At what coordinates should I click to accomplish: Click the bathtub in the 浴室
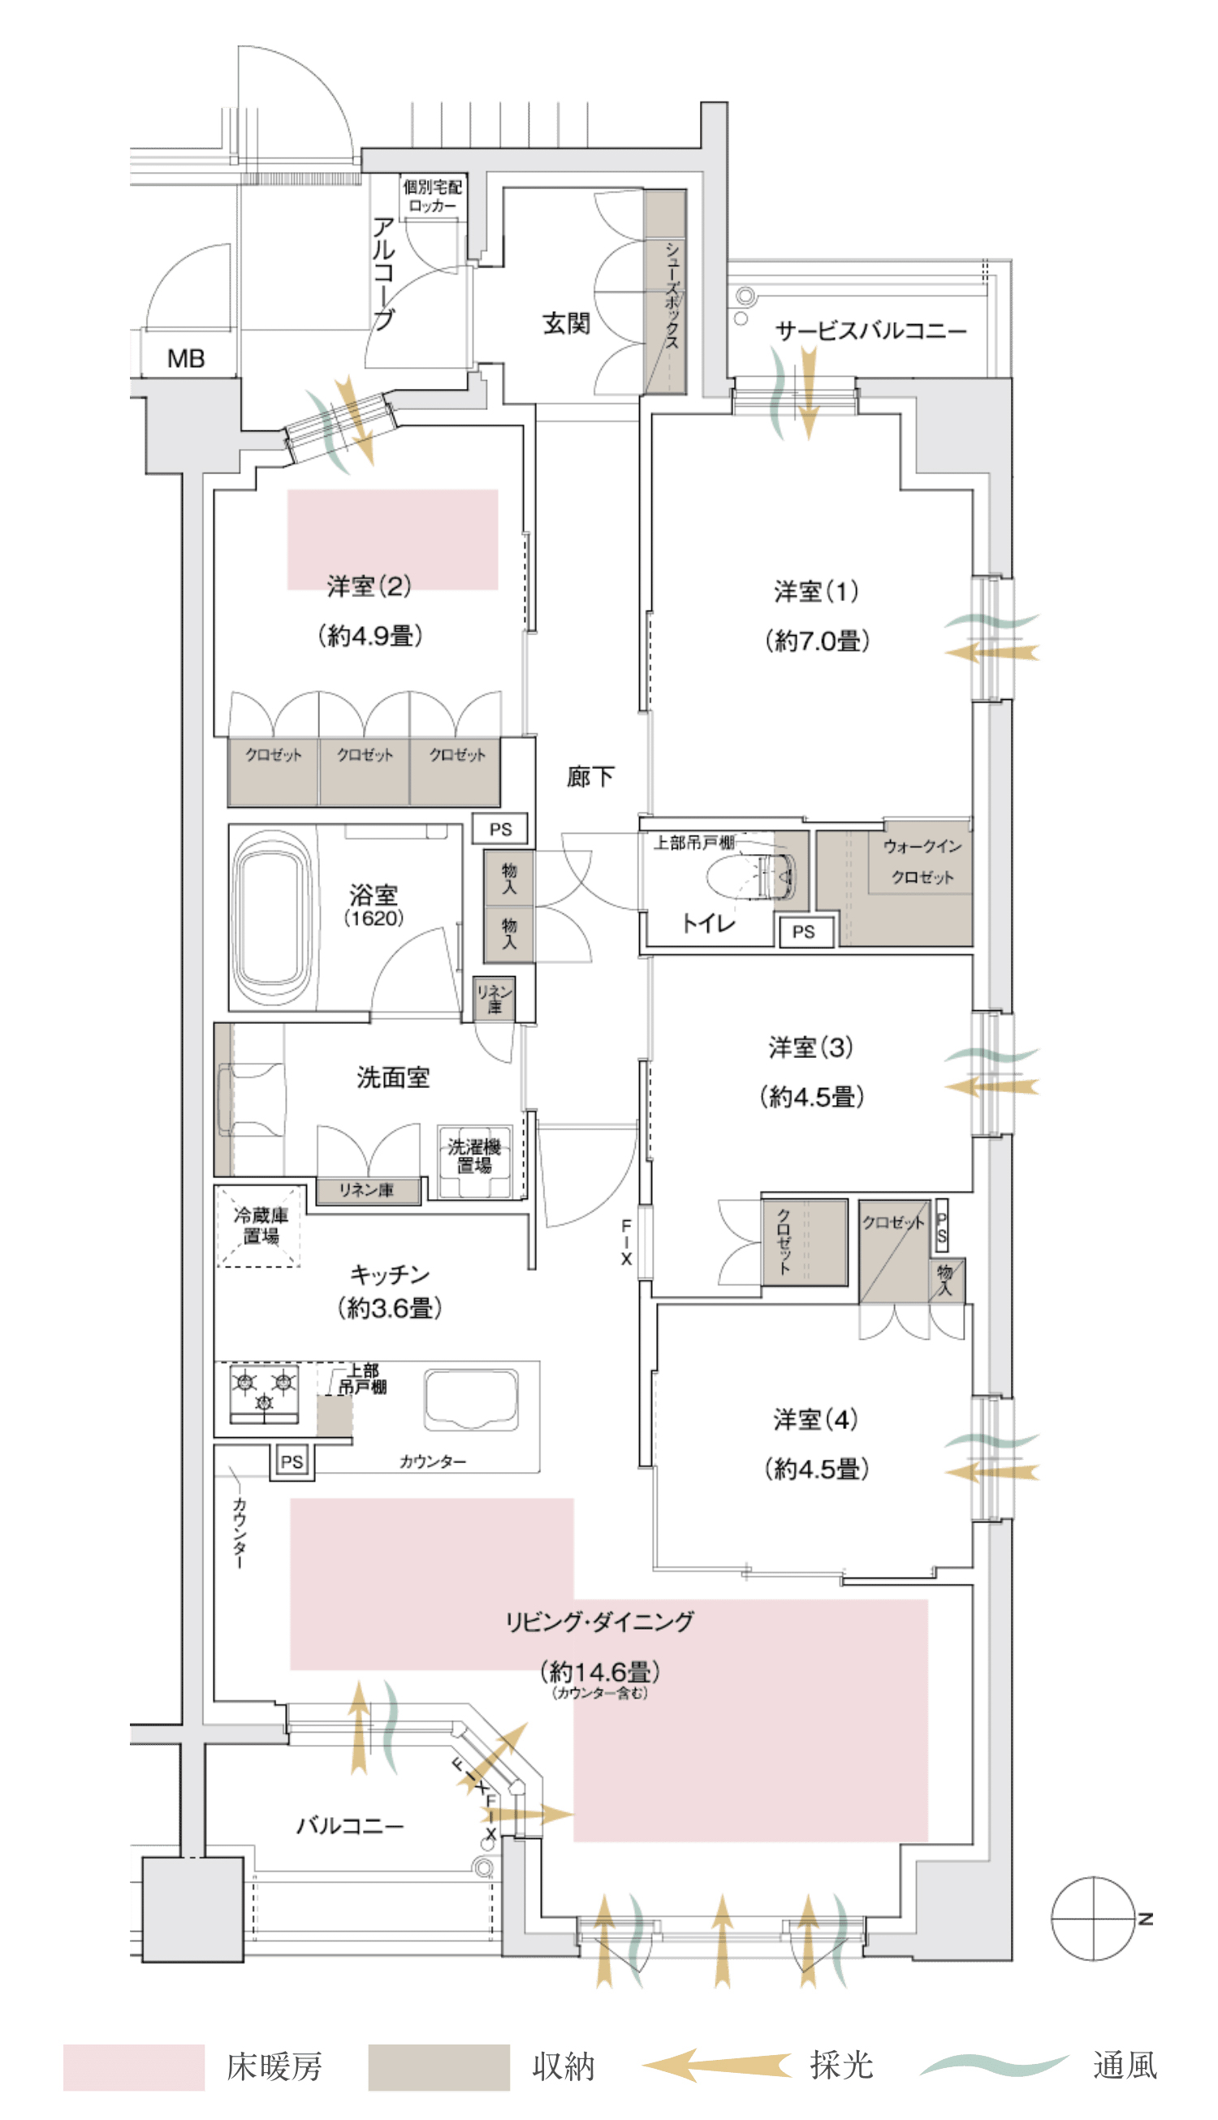pyautogui.click(x=269, y=918)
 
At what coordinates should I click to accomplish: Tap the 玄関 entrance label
pyautogui.click(x=566, y=323)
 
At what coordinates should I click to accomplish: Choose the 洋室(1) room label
pyautogui.click(x=816, y=591)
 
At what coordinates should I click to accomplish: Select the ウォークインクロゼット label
pyautogui.click(x=922, y=861)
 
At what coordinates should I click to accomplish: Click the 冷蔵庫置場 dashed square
pyautogui.click(x=258, y=1226)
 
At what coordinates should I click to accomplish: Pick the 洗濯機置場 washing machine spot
pyautogui.click(x=474, y=1161)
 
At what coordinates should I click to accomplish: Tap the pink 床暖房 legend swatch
pyautogui.click(x=134, y=2066)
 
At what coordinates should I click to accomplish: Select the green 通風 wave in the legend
pyautogui.click(x=994, y=2065)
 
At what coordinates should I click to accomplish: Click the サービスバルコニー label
pyautogui.click(x=870, y=330)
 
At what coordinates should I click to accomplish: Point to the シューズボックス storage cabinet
pyautogui.click(x=665, y=291)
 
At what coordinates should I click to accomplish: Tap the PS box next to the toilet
pyautogui.click(x=804, y=931)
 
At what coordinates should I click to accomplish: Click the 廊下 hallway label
pyautogui.click(x=590, y=777)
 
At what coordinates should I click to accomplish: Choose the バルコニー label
pyautogui.click(x=350, y=1824)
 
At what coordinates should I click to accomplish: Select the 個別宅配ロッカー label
pyautogui.click(x=432, y=196)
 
